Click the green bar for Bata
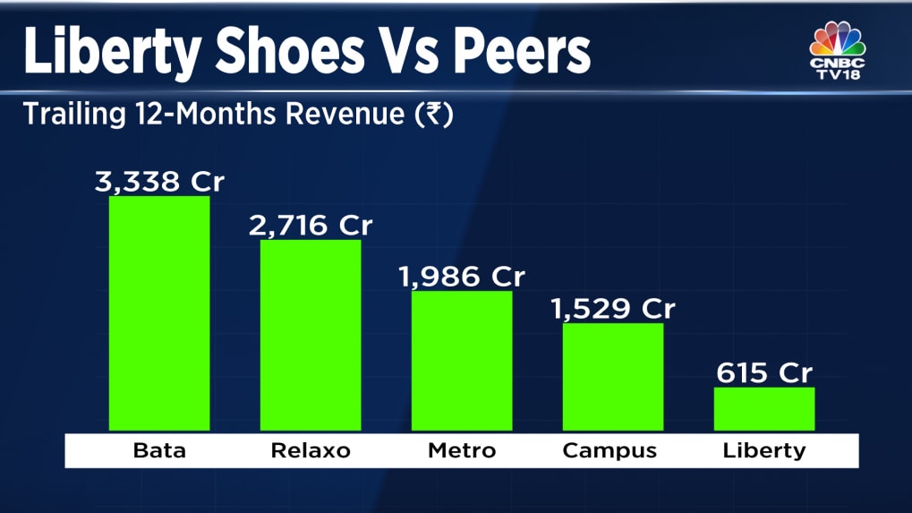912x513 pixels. pos(159,313)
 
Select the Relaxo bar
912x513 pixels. pos(311,335)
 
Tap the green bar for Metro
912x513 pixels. pos(462,361)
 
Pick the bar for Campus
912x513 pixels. pos(613,377)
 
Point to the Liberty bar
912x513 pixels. pos(764,408)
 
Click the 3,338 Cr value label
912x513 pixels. pos(160,183)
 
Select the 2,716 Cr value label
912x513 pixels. pos(311,226)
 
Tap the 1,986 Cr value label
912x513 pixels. pos(462,277)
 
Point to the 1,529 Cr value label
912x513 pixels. pos(613,309)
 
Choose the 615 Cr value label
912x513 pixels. pos(764,372)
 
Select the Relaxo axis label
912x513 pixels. pos(311,450)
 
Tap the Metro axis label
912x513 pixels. pos(462,450)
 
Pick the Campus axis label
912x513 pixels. pos(613,450)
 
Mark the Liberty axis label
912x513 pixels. pos(764,450)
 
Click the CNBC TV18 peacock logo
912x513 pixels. pos(838,51)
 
